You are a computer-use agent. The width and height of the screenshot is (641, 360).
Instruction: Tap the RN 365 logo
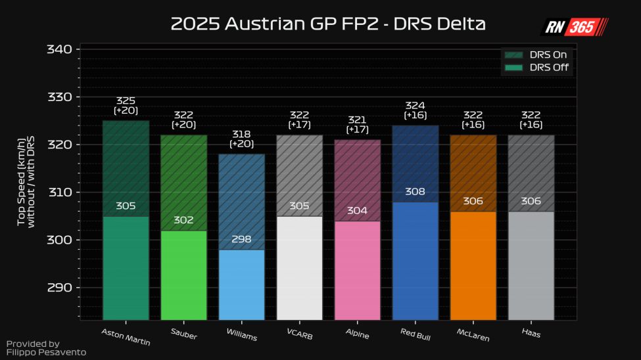(x=575, y=27)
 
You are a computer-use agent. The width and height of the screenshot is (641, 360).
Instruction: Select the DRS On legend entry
(x=536, y=55)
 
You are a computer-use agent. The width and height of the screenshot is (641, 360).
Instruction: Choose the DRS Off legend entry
(x=536, y=68)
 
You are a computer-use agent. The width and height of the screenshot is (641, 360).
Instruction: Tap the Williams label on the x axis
(x=242, y=336)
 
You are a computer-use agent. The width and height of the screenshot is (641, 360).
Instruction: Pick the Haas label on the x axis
(x=531, y=332)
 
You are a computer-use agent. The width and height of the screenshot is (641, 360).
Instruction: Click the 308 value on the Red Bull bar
(x=415, y=192)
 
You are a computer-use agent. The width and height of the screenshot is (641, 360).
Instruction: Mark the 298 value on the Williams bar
(x=241, y=240)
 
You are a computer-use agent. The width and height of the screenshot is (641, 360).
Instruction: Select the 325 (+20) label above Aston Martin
(x=126, y=106)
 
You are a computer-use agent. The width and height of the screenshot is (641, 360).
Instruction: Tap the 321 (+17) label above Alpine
(x=357, y=125)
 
